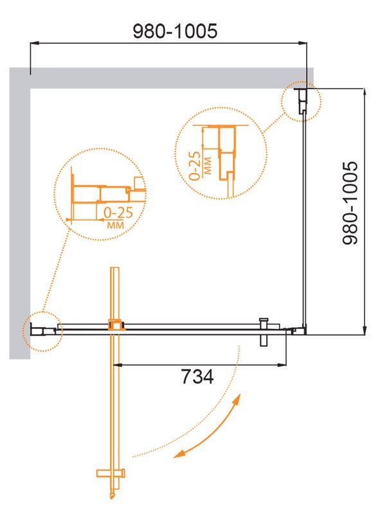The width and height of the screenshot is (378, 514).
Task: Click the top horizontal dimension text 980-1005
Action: [175, 31]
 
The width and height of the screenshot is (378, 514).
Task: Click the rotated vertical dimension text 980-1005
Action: [350, 203]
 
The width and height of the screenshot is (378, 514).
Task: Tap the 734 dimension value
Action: [197, 377]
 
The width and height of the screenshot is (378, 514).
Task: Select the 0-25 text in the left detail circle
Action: [118, 213]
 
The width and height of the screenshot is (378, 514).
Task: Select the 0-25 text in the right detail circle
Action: [195, 166]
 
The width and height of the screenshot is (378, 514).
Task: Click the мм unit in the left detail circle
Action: [116, 225]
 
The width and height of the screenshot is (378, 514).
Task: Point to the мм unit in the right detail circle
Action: [208, 166]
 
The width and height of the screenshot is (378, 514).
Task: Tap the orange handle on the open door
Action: [111, 473]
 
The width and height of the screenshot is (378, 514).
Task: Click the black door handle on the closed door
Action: [264, 332]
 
